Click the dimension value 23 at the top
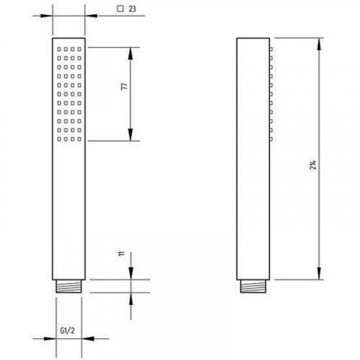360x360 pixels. (132, 9)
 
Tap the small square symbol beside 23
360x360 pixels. (120, 9)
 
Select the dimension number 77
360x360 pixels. (125, 86)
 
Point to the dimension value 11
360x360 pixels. (122, 253)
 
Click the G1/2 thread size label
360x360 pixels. (68, 330)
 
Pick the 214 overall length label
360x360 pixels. (312, 165)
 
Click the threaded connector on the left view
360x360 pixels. (68, 287)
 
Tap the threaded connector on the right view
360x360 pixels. (253, 287)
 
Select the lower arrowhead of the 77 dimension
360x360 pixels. (130, 135)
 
